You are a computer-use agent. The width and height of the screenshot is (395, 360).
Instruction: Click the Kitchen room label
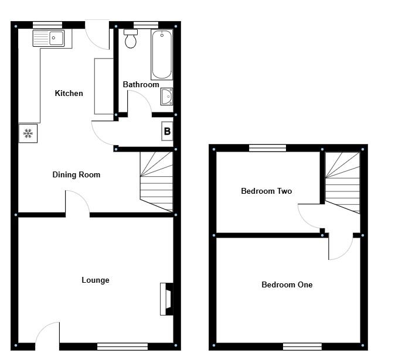pyautogui.click(x=69, y=94)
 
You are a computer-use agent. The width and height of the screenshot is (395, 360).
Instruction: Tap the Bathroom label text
pyautogui.click(x=141, y=85)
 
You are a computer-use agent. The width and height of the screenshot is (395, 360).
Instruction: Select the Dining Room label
pyautogui.click(x=76, y=175)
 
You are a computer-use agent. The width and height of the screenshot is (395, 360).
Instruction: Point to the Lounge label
pyautogui.click(x=95, y=280)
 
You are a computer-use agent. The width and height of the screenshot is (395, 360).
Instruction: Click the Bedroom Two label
pyautogui.click(x=267, y=191)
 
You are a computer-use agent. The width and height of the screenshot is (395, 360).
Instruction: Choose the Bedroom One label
pyautogui.click(x=287, y=285)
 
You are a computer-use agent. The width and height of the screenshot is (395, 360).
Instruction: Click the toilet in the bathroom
pyautogui.click(x=131, y=40)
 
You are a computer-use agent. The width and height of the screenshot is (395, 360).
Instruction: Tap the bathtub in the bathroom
pyautogui.click(x=162, y=54)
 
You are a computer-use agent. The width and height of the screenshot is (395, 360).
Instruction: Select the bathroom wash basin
pyautogui.click(x=166, y=96)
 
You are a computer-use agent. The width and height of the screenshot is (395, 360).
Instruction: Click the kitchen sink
pyautogui.click(x=49, y=39)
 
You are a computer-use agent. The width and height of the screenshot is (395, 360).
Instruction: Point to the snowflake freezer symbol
pyautogui.click(x=28, y=133)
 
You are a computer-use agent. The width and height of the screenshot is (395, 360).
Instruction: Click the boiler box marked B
pyautogui.click(x=167, y=132)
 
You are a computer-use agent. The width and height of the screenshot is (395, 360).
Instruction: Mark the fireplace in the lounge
pyautogui.click(x=166, y=299)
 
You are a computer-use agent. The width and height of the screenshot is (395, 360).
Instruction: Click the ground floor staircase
pyautogui.click(x=156, y=181)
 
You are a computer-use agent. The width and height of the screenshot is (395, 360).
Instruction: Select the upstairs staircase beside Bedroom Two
pyautogui.click(x=342, y=181)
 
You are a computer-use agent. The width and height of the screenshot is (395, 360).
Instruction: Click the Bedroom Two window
pyautogui.click(x=267, y=148)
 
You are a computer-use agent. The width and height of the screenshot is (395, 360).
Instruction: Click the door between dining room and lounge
pyautogui.click(x=77, y=205)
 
